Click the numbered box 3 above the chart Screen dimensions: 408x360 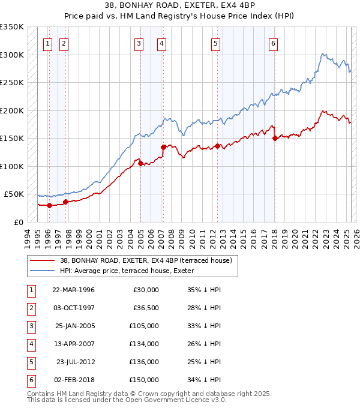(x=139, y=43)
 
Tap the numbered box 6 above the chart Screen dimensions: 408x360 (x=273, y=43)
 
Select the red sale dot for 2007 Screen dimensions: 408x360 (x=163, y=147)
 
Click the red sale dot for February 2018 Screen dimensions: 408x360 (x=275, y=139)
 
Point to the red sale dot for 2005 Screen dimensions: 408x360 (x=140, y=163)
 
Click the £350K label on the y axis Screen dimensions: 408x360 (x=12, y=27)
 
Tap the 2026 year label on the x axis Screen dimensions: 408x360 (x=355, y=236)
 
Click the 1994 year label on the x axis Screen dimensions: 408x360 (x=28, y=236)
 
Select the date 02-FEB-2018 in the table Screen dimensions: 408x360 (x=74, y=380)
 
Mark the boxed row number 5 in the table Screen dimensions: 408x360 (x=29, y=362)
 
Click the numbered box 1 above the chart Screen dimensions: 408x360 (x=47, y=43)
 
